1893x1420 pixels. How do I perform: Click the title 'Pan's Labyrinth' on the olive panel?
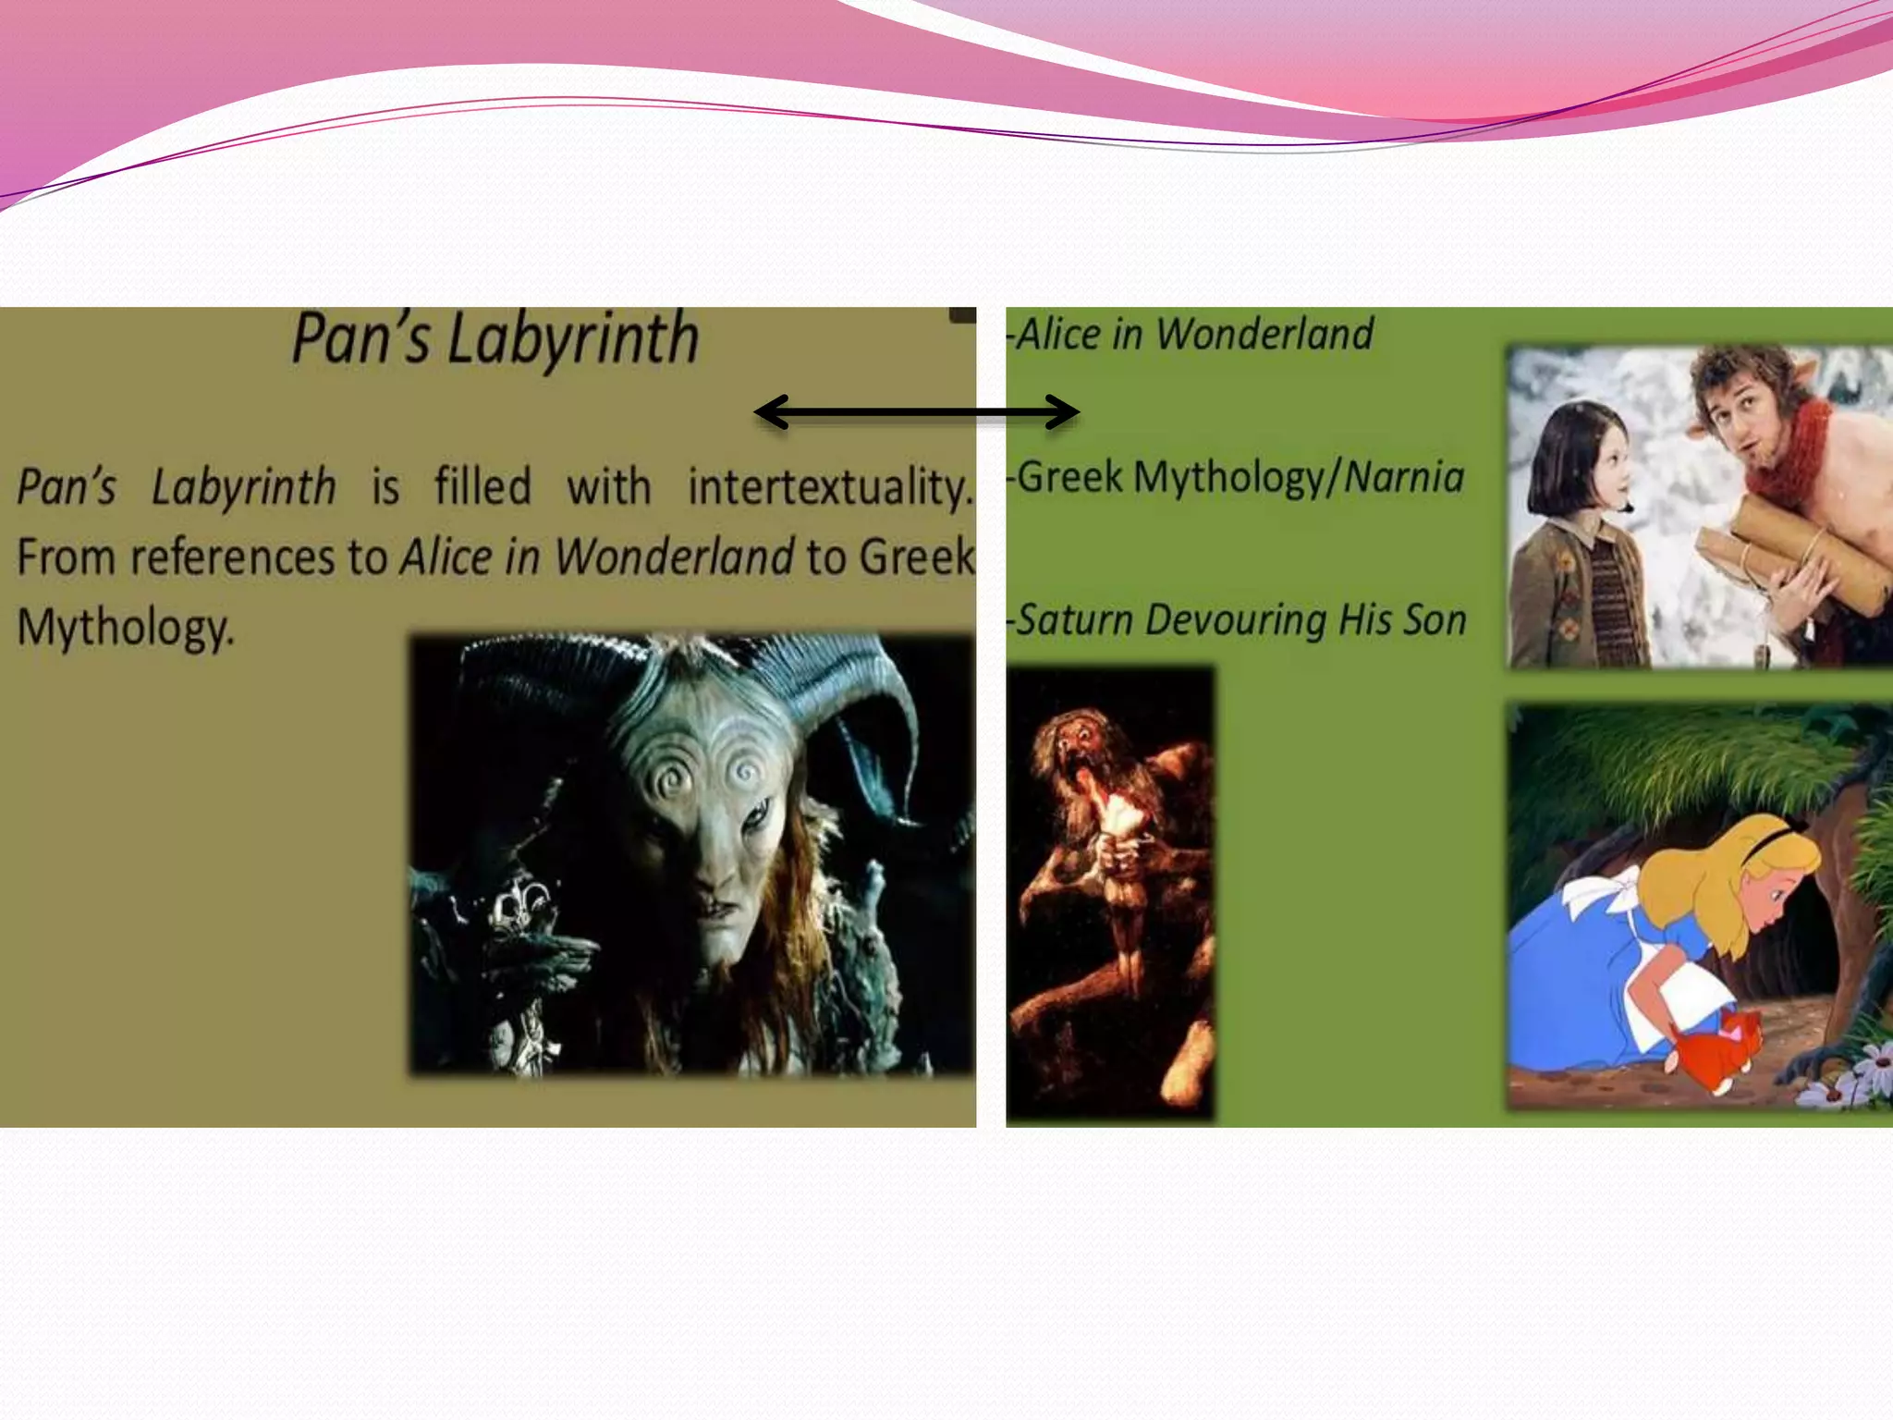pos(495,339)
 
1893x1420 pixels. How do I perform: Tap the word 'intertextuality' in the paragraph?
pos(829,487)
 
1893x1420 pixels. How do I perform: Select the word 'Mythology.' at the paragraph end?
pos(126,628)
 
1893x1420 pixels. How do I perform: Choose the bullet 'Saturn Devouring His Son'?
pos(1239,619)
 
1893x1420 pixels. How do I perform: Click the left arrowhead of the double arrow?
pos(772,412)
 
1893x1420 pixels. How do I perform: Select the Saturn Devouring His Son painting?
pos(1110,892)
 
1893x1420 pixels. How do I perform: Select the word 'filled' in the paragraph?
pos(482,487)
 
